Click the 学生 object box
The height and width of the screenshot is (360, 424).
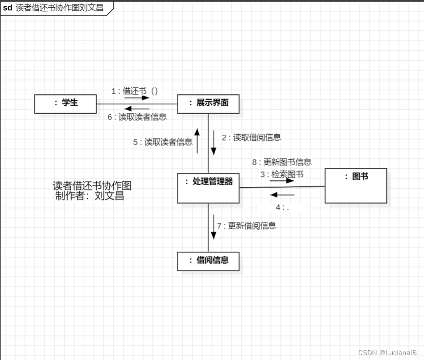[x=65, y=104]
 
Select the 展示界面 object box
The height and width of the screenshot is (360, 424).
[x=208, y=104]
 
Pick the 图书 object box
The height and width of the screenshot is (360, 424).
[x=356, y=186]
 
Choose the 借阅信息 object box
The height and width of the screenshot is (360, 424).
[x=208, y=261]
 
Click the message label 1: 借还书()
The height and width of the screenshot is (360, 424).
[x=134, y=91]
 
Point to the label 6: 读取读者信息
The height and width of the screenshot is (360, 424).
[x=137, y=117]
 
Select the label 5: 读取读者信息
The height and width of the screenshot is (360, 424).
[x=163, y=142]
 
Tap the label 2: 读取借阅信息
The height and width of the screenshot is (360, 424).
[x=251, y=138]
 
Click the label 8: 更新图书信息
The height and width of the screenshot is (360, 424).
[x=282, y=162]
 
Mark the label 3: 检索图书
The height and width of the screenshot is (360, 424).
[x=281, y=174]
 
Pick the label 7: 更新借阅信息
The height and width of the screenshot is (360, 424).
[x=247, y=226]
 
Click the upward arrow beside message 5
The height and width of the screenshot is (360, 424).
[x=197, y=141]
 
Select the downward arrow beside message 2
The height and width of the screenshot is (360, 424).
[x=214, y=142]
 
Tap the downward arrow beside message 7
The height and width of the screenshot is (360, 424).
[x=213, y=227]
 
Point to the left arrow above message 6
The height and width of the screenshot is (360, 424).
[x=137, y=109]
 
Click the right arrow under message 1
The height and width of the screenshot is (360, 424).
[x=136, y=97]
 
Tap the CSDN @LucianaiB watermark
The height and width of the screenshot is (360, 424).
[x=387, y=353]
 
